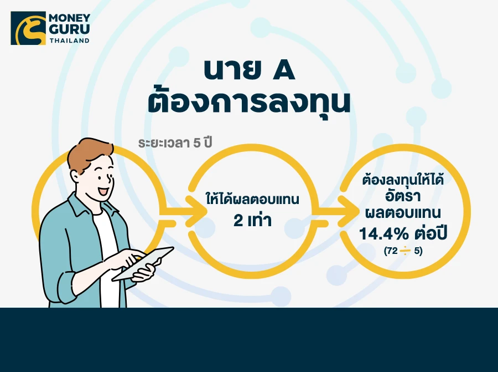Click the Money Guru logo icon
(x=28, y=28)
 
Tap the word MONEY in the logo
(x=70, y=18)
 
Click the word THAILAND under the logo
(x=70, y=40)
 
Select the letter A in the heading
(x=284, y=70)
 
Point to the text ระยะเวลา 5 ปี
(x=175, y=142)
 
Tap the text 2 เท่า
(x=252, y=220)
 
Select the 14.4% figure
(x=384, y=234)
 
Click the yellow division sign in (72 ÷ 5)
(x=405, y=251)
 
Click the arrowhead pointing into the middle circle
(x=196, y=211)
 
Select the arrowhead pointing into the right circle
(x=347, y=211)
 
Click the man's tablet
(x=143, y=264)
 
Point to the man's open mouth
(x=103, y=191)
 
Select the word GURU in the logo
(x=70, y=29)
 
